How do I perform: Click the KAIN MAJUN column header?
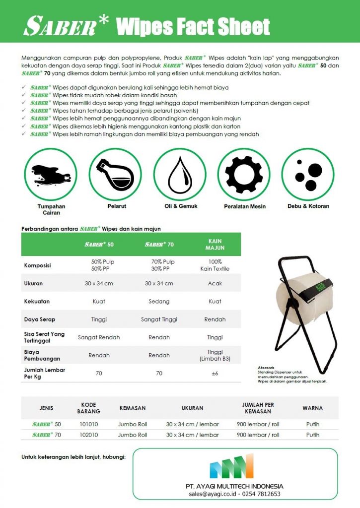tap(215, 244)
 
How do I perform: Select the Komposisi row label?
tap(38, 265)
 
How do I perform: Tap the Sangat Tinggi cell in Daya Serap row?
tap(159, 319)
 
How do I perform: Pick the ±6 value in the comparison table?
tap(215, 373)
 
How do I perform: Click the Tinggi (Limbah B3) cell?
tap(215, 355)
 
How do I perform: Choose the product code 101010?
tap(89, 424)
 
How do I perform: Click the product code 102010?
tap(89, 435)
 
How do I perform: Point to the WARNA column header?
tap(312, 408)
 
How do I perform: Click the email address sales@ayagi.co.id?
tap(214, 494)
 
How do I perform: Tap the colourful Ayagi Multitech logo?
tap(231, 466)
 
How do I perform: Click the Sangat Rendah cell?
tap(99, 337)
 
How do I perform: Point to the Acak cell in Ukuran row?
tap(215, 283)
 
